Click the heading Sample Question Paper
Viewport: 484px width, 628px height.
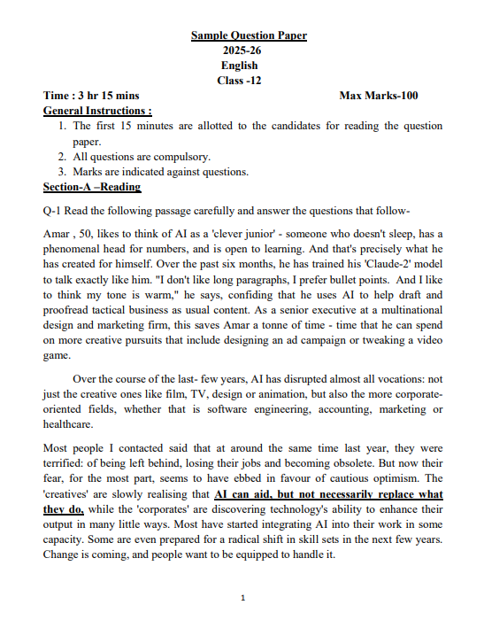click(x=249, y=35)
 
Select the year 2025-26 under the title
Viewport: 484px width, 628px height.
click(x=242, y=50)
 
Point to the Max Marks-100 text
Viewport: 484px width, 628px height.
click(x=379, y=96)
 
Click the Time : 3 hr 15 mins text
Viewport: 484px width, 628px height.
click(x=91, y=96)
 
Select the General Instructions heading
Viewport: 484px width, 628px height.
click(x=97, y=111)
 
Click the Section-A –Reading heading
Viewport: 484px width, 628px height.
click(x=92, y=187)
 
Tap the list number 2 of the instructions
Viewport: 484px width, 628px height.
click(x=63, y=156)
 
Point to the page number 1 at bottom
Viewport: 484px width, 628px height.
click(x=242, y=600)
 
